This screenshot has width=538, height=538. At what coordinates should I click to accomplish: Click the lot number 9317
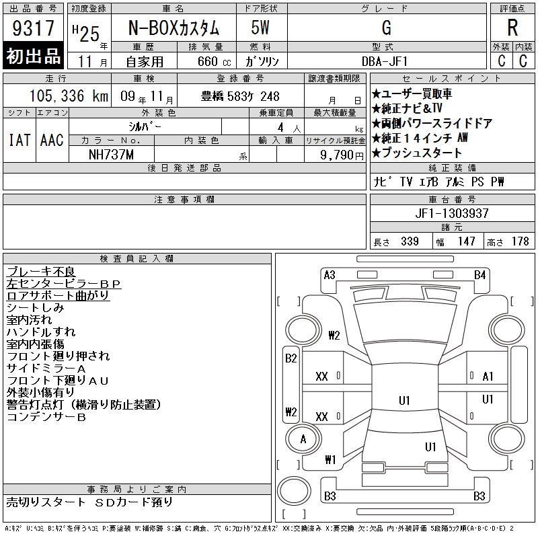pos(33,28)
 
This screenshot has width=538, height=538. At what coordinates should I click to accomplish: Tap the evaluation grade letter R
pos(512,28)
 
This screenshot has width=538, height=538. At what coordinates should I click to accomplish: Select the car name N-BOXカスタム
pos(174,28)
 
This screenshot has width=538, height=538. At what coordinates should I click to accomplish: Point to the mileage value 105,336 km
pos(69,95)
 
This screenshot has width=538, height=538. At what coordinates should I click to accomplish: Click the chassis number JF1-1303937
pos(452,213)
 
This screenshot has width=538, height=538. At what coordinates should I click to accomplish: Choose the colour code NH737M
pos(111,155)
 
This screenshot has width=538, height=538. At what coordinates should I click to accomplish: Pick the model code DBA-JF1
pos(385,61)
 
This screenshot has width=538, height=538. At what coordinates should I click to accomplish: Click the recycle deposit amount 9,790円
pos(342,155)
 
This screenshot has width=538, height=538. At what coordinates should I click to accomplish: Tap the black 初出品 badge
pos(33,56)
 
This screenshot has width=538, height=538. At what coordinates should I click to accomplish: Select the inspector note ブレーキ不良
pos(41,272)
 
